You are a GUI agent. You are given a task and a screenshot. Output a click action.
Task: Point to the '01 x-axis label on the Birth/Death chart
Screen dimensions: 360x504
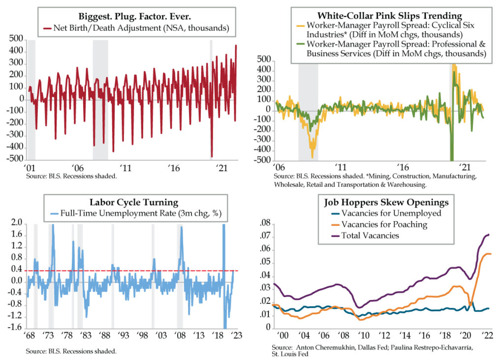click(30, 168)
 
